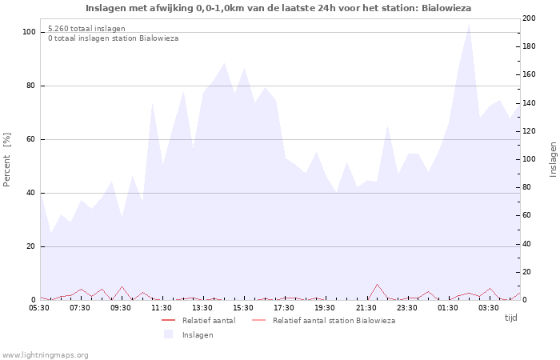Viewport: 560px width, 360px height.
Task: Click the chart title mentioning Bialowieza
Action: pyautogui.click(x=278, y=8)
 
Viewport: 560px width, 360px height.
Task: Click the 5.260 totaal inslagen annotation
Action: pyautogui.click(x=86, y=29)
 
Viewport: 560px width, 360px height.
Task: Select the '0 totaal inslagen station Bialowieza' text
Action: pyautogui.click(x=113, y=38)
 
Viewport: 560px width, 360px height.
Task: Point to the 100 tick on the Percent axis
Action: pyautogui.click(x=29, y=32)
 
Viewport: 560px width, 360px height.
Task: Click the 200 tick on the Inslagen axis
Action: pyautogui.click(x=530, y=18)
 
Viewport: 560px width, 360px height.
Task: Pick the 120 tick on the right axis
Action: pyautogui.click(x=530, y=131)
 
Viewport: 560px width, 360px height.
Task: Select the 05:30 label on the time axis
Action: pyautogui.click(x=40, y=307)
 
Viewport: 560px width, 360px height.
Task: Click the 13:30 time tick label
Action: pyautogui.click(x=202, y=307)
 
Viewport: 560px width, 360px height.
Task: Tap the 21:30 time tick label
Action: pyautogui.click(x=366, y=307)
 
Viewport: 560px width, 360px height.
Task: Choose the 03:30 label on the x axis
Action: pyautogui.click(x=488, y=307)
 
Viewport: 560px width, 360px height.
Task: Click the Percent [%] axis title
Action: pyautogui.click(x=7, y=160)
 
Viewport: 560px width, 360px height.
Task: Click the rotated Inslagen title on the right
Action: pyautogui.click(x=553, y=159)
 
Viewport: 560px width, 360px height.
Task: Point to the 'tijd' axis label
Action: pyautogui.click(x=510, y=318)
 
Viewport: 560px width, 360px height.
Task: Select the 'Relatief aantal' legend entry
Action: pyautogui.click(x=208, y=321)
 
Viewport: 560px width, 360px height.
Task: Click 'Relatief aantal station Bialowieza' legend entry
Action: pyautogui.click(x=334, y=321)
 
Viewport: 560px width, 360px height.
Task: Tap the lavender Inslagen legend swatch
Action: pyautogui.click(x=168, y=334)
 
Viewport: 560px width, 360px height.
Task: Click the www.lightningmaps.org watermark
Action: pyautogui.click(x=45, y=355)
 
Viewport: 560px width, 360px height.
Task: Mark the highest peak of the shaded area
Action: pyautogui.click(x=469, y=23)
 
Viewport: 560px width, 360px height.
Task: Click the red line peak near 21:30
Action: pyautogui.click(x=377, y=284)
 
